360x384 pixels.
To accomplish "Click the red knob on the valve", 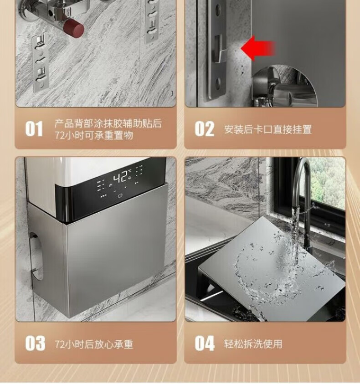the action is [74, 28].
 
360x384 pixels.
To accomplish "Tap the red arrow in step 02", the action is [258, 48].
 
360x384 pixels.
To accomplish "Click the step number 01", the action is [34, 128].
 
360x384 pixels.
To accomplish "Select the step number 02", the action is [205, 128].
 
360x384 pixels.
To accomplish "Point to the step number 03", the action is [35, 343].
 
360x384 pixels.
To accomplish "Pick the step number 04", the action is [205, 343].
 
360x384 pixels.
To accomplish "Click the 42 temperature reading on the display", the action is [121, 177].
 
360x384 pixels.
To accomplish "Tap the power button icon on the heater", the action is [120, 196].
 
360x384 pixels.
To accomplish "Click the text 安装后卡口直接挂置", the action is [268, 129].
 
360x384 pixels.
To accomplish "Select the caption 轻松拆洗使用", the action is [253, 344].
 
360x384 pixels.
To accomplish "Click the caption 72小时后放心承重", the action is [94, 344].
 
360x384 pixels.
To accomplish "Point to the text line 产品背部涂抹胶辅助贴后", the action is [108, 123].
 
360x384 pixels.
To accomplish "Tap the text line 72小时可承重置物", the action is [94, 135].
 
